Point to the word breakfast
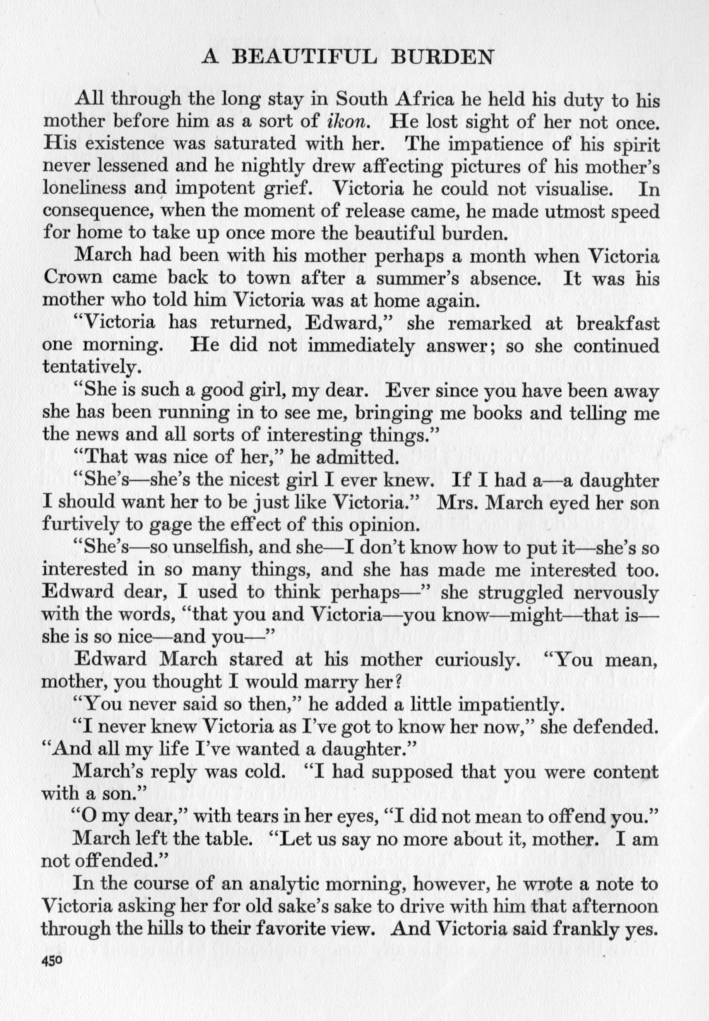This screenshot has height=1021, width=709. [x=618, y=323]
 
